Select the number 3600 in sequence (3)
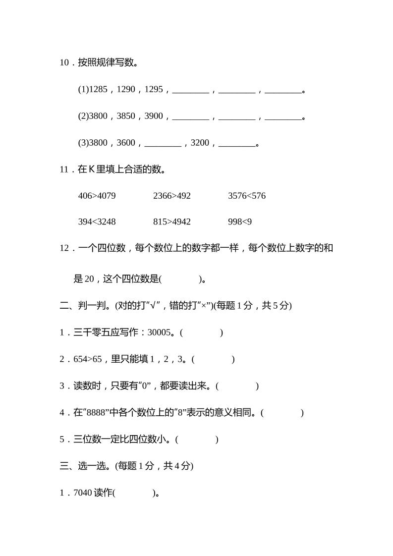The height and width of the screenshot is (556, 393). point(126,143)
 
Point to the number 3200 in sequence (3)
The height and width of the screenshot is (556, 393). point(200,143)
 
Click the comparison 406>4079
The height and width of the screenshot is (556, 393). point(97,196)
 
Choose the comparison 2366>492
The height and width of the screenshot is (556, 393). point(171,196)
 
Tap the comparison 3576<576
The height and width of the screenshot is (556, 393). point(247,196)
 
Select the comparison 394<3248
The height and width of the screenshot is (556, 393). point(97,222)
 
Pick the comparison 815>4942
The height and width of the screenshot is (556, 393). point(171,222)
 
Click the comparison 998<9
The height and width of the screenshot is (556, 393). point(240,222)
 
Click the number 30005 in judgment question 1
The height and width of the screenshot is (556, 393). point(159,333)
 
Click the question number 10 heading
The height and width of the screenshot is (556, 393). point(64,63)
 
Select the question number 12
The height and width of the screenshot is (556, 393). point(64,248)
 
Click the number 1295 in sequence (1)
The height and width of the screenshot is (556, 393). point(154,90)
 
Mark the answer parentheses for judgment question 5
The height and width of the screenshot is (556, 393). point(197,439)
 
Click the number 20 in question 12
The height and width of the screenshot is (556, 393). point(89,279)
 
